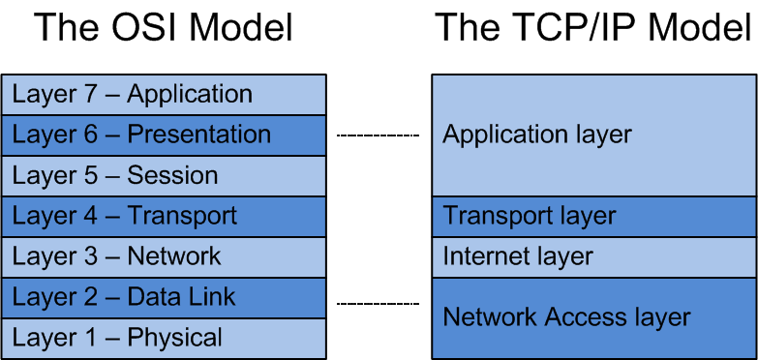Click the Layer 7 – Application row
(x=164, y=95)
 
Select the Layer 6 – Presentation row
(x=164, y=135)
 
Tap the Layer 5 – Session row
(x=164, y=175)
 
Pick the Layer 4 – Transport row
(x=164, y=216)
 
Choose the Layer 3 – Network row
(x=164, y=256)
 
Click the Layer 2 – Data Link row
(x=164, y=297)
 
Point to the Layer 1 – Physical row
(x=164, y=338)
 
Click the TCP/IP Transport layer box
(x=593, y=216)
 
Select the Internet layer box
(x=593, y=256)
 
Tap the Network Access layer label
(x=566, y=316)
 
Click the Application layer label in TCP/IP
(x=536, y=135)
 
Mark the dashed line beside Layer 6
(x=378, y=135)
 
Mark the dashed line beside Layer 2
(x=378, y=304)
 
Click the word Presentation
(x=198, y=135)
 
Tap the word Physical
(x=174, y=338)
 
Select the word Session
(x=172, y=175)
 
